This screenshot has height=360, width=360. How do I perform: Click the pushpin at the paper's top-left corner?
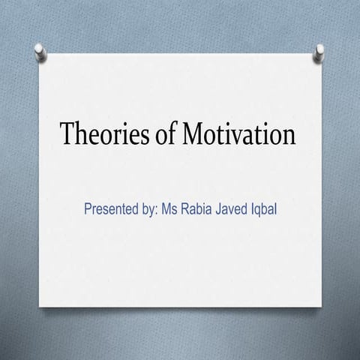tap(40, 50)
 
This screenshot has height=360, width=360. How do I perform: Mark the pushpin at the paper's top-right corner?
tap(319, 51)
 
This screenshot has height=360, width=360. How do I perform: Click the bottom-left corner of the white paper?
tap(40, 305)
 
